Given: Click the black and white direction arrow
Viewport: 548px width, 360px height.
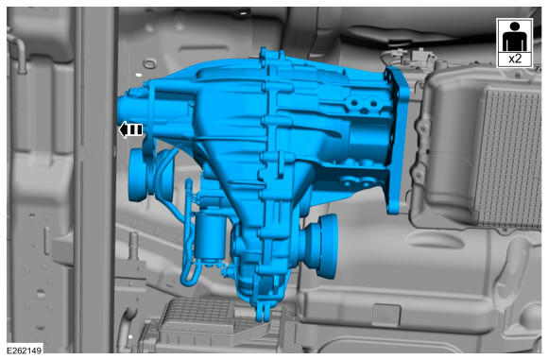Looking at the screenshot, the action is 131,129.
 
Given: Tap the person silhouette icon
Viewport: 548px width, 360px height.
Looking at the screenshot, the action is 514,37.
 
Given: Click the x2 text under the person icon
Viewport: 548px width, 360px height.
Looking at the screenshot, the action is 515,59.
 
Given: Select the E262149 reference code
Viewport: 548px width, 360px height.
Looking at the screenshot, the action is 25,351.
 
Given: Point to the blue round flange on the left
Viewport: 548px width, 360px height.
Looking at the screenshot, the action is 140,175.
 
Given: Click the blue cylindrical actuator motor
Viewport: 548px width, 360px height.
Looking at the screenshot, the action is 210,236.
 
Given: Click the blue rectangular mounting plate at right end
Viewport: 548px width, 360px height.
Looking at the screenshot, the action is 397,140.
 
